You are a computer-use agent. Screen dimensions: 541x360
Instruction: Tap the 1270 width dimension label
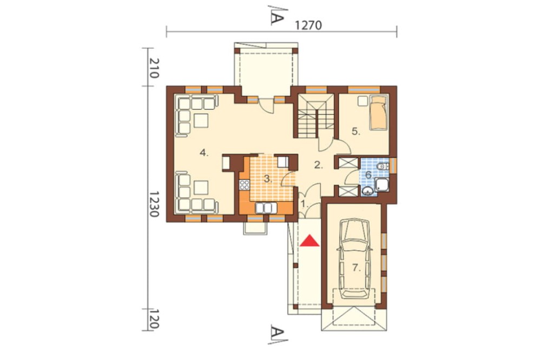tap(309, 25)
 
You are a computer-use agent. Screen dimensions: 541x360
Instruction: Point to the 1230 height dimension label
tap(154, 204)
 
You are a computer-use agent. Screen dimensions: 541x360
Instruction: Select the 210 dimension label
tap(154, 68)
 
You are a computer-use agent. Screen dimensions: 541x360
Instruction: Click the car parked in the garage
tap(355, 259)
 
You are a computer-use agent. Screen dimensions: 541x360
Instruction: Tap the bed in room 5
tap(378, 113)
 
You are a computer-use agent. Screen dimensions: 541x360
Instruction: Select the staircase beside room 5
tap(316, 116)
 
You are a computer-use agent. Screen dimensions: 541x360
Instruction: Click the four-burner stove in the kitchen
tap(245, 185)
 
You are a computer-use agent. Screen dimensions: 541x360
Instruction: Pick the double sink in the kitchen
tap(266, 208)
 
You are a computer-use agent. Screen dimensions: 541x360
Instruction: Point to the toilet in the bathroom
tap(382, 166)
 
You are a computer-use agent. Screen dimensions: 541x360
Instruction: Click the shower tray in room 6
tap(381, 184)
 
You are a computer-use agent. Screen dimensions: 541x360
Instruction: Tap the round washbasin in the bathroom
tap(367, 190)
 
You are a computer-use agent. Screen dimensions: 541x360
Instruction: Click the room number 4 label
tap(204, 152)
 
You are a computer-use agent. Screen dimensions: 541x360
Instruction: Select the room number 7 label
tap(357, 267)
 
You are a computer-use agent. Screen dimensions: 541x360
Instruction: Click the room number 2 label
tap(318, 165)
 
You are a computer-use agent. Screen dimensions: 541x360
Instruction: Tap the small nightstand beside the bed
tap(362, 101)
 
